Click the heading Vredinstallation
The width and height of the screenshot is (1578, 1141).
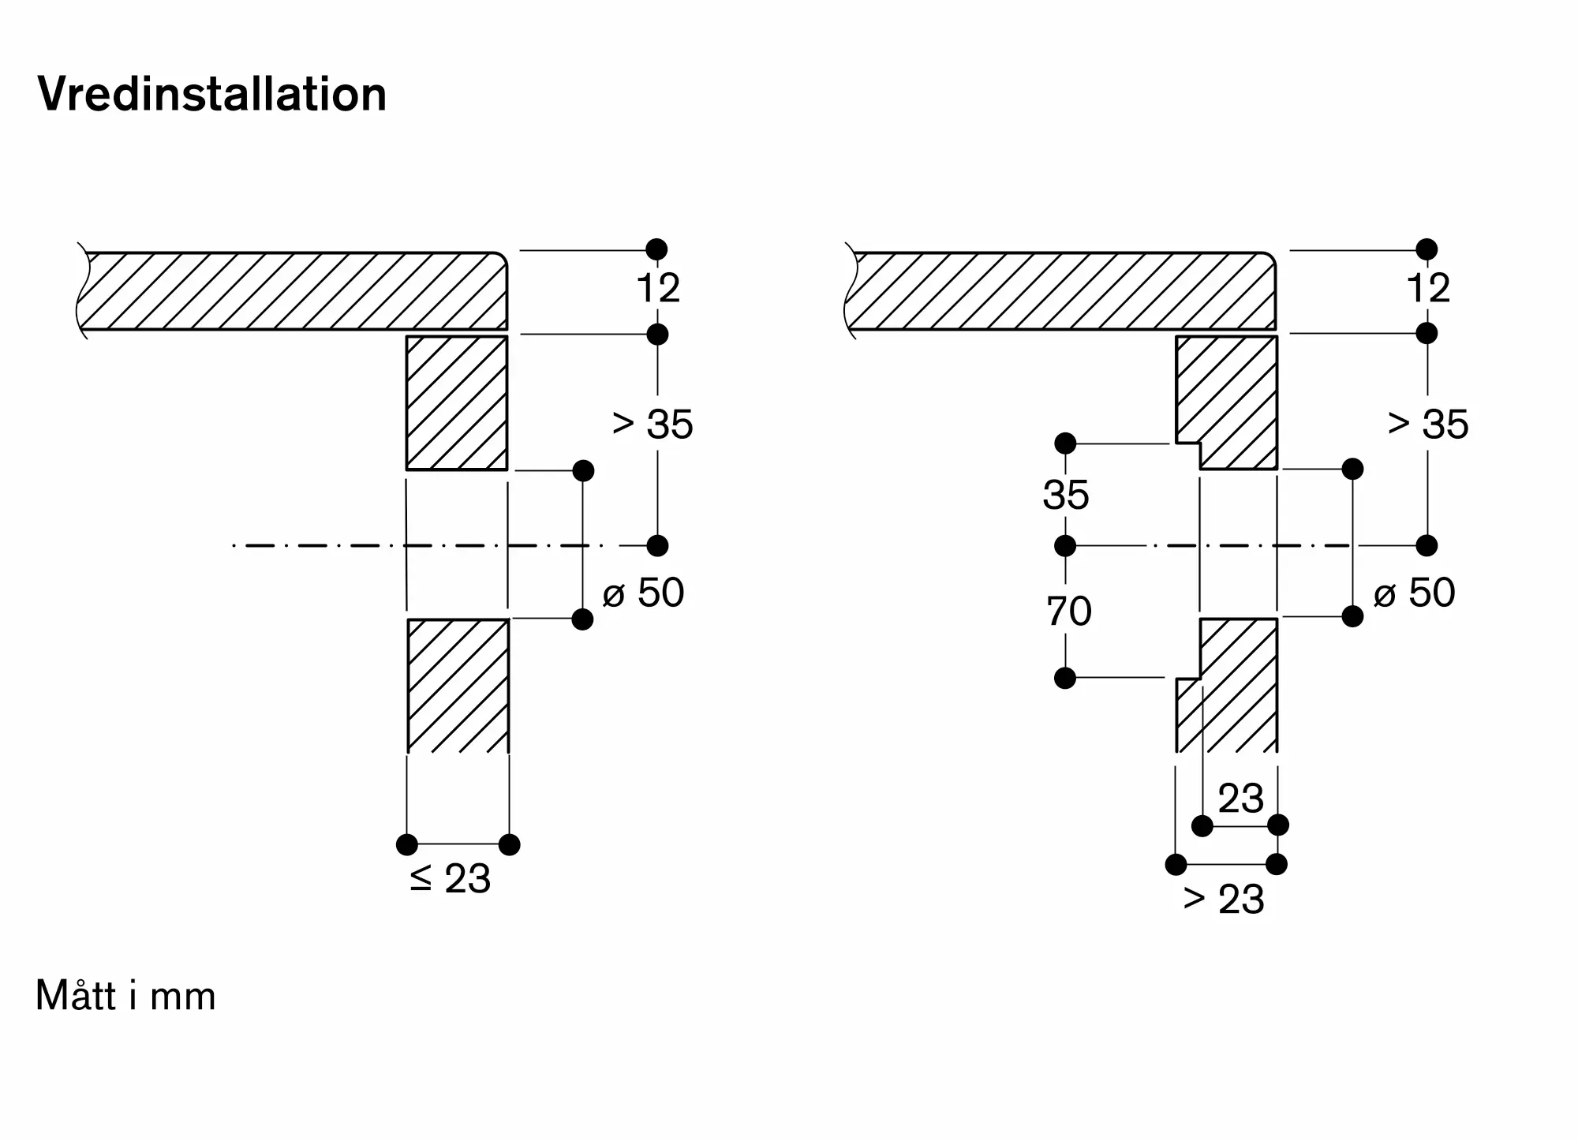212,95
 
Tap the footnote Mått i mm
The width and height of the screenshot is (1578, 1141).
125,996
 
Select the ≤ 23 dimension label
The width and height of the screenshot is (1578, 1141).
451,878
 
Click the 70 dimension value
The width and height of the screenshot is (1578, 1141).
1069,611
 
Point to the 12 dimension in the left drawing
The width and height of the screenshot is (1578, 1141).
658,288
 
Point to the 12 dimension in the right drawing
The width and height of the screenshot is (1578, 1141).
1428,288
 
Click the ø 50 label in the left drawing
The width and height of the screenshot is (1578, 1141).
643,592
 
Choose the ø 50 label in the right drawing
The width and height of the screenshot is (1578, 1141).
1414,592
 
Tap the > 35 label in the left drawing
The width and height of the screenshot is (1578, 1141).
653,424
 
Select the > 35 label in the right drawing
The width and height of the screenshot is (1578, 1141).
1428,424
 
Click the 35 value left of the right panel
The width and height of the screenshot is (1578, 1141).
1066,495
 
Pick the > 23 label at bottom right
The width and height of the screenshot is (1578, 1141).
1224,899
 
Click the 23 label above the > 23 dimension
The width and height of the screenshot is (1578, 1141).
1241,799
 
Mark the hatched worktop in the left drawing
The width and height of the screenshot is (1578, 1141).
292,290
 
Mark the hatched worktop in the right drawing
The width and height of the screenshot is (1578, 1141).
1061,290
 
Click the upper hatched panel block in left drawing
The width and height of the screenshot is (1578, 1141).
457,403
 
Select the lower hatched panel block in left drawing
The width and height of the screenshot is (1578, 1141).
458,686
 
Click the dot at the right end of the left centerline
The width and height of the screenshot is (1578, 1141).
657,545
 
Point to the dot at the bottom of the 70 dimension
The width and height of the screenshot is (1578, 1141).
1065,678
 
